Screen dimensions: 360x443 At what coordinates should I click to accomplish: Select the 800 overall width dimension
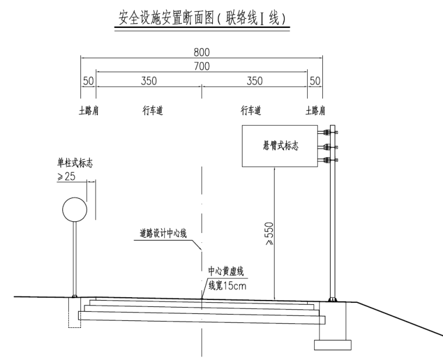point(202,53)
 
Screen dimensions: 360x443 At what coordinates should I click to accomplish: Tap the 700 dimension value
point(202,67)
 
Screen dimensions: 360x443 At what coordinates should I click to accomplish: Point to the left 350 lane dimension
point(149,81)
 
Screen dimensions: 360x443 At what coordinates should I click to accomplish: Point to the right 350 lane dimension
point(255,81)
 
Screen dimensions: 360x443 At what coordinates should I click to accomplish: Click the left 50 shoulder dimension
point(88,81)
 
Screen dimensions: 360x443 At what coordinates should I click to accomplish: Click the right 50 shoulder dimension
point(315,81)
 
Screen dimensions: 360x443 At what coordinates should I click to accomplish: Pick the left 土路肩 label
point(89,110)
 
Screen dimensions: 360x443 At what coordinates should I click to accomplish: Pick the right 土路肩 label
point(315,110)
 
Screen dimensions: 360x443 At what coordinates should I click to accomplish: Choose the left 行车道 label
point(152,110)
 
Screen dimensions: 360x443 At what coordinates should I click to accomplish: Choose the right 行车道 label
point(251,110)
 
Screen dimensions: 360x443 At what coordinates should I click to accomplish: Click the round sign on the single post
point(75,209)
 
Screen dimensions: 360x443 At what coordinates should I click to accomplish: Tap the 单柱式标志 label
point(74,165)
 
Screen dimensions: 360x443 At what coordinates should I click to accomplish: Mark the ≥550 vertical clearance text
point(269,234)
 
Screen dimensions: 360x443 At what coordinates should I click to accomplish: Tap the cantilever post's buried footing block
point(332,344)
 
